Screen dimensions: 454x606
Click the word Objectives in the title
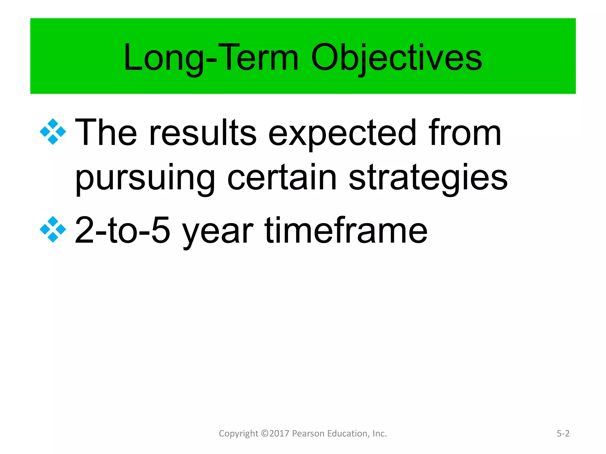tap(397, 58)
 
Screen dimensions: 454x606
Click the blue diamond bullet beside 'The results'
tap(53, 132)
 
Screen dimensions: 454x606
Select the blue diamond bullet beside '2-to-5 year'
tap(53, 229)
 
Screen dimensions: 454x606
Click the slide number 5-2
tap(563, 434)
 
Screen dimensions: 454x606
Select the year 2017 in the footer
tap(279, 434)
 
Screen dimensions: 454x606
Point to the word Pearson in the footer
tap(306, 434)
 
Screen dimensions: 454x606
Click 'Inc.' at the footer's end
tap(380, 434)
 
